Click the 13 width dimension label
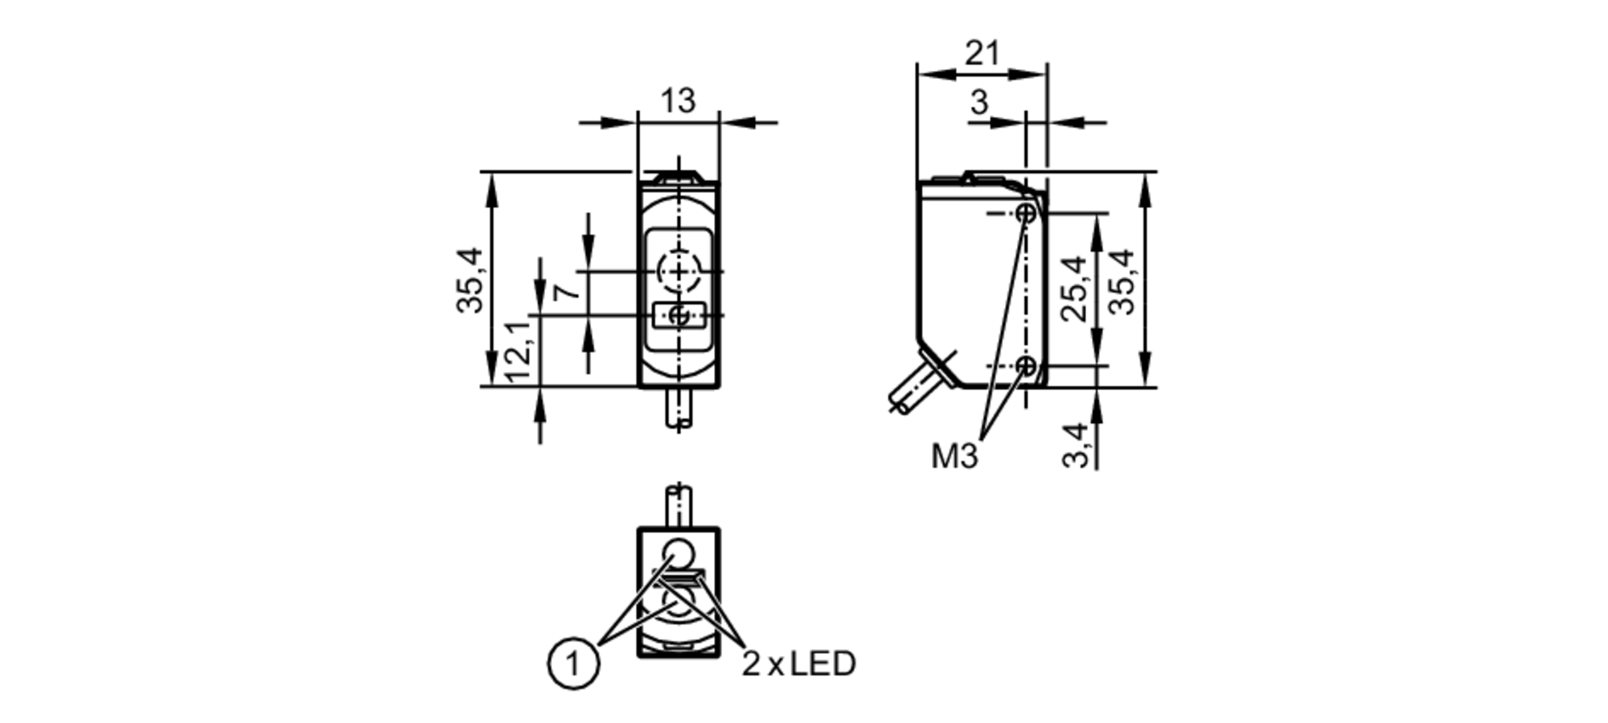point(677,102)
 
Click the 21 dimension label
point(982,54)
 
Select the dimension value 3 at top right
point(978,103)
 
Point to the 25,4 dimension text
point(1075,289)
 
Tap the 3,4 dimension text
point(1075,445)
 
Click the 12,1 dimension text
point(519,351)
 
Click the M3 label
point(954,457)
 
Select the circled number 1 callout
point(573,664)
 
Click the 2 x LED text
point(798,664)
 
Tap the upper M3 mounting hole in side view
point(1026,213)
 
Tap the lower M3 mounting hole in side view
point(1026,367)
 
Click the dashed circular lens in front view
point(679,271)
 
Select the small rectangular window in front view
point(679,315)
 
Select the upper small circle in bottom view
point(679,554)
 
